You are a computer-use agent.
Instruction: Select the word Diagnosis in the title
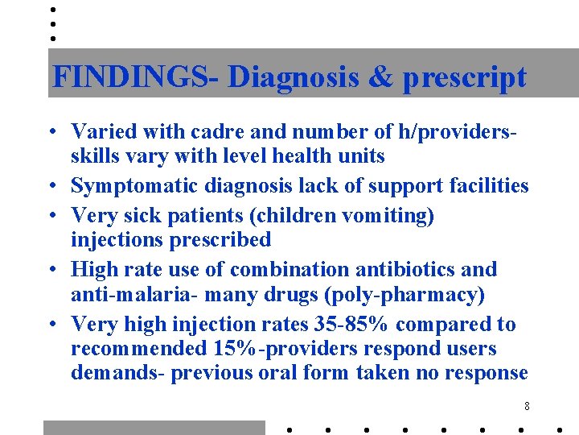point(291,77)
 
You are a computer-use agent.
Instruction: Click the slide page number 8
point(526,406)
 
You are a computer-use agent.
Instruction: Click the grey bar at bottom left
point(154,428)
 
